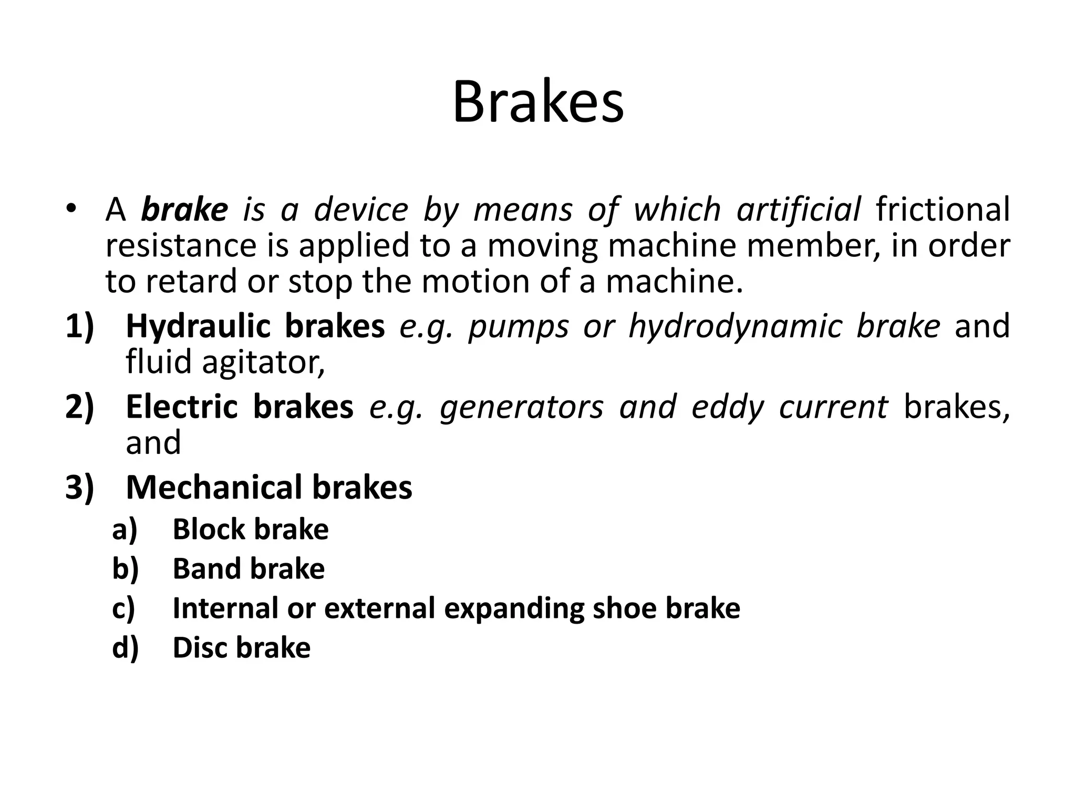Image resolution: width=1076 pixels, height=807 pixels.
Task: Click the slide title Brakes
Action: [x=538, y=102]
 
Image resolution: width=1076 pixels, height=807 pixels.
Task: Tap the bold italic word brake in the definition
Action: [x=184, y=210]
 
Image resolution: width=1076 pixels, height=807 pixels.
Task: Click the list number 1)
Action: [x=79, y=326]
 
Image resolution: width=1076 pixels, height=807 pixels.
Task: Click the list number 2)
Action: [x=79, y=407]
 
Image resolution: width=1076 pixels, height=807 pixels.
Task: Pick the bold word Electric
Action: [x=182, y=407]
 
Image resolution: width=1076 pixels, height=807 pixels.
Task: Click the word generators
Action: [x=522, y=408]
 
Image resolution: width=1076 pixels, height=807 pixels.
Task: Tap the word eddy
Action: [x=727, y=408]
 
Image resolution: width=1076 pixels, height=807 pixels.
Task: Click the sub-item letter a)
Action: [x=125, y=530]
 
